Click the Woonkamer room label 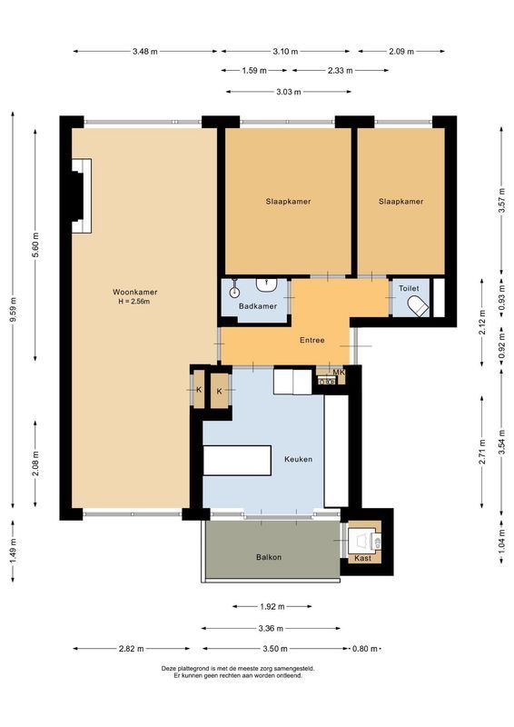(135, 292)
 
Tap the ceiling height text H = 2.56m (135, 302)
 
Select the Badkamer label (257, 306)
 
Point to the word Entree (312, 341)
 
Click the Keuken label (298, 459)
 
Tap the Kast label (362, 558)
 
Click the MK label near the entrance (339, 373)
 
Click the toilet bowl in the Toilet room (419, 306)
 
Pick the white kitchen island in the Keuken (238, 460)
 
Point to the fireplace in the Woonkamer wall (81, 195)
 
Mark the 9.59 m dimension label (13, 310)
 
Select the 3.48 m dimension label (144, 52)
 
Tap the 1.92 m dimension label (271, 606)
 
